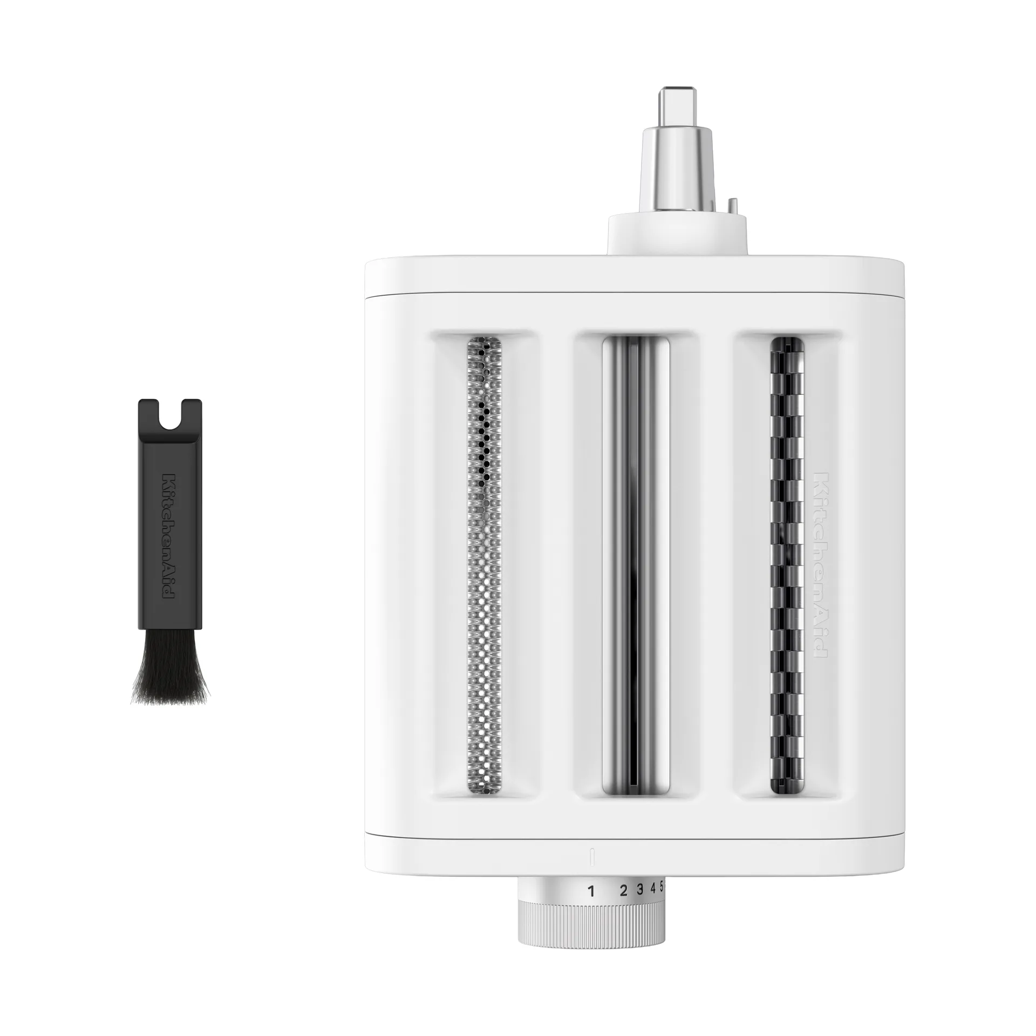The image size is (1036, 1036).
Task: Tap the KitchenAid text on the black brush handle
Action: tap(169, 536)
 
